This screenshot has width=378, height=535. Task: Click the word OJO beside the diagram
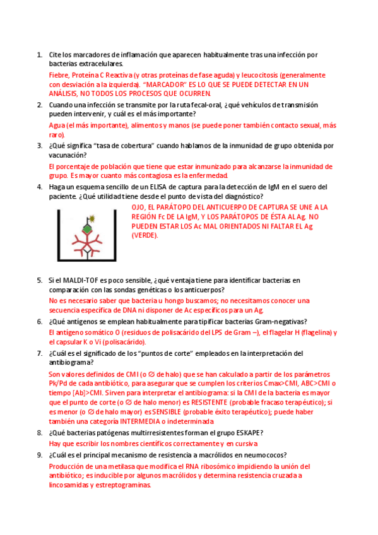click(139, 207)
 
